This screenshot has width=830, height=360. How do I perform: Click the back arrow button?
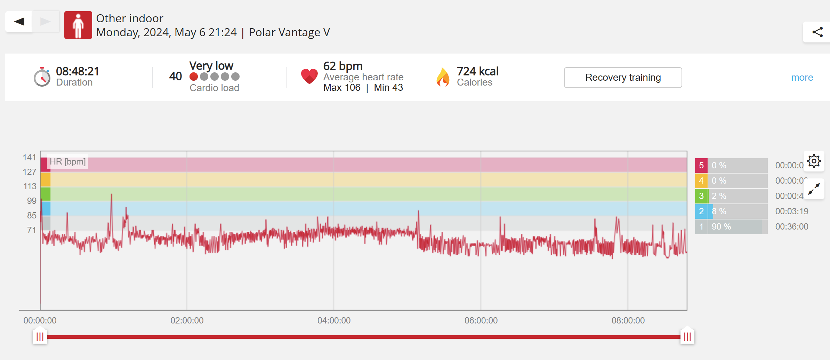(x=19, y=22)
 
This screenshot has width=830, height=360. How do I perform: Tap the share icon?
(x=817, y=32)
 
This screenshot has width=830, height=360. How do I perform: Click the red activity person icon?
(x=78, y=25)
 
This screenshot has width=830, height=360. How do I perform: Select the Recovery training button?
(x=623, y=77)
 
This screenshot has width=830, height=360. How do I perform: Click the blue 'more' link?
(x=802, y=77)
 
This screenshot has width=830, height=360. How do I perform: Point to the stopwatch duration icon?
(x=42, y=77)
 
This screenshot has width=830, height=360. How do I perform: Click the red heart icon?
(x=309, y=76)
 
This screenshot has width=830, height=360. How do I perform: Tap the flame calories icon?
(x=443, y=77)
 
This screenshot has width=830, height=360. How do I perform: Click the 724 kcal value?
(x=477, y=71)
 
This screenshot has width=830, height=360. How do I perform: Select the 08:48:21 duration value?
(x=78, y=71)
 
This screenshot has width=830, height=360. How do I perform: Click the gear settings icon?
(x=814, y=161)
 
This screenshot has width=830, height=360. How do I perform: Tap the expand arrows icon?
(x=814, y=189)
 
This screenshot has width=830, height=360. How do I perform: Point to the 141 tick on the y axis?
(x=30, y=158)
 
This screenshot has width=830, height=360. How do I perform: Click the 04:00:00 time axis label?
(x=334, y=320)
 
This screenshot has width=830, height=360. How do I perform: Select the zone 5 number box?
(x=701, y=166)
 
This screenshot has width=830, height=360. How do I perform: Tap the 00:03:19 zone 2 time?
(x=791, y=211)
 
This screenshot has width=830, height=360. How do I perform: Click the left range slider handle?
(x=40, y=336)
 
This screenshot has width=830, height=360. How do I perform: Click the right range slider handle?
(x=687, y=336)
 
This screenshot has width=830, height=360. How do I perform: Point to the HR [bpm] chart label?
(x=67, y=162)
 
